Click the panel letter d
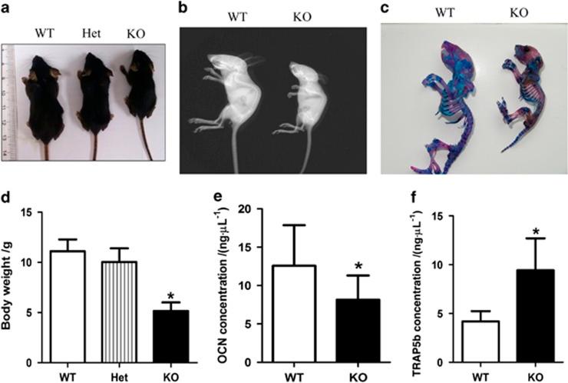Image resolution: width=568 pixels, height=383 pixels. click(x=8, y=196)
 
